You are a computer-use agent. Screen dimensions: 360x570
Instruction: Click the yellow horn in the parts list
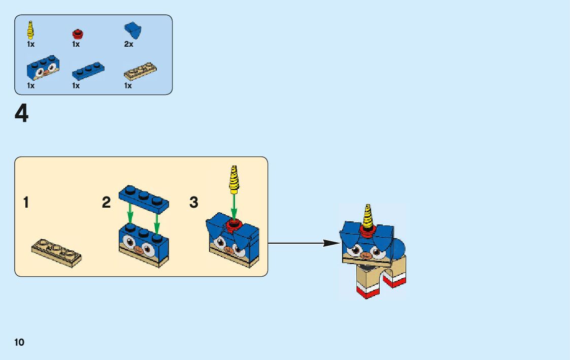click(x=31, y=30)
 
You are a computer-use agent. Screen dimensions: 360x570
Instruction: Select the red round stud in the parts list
click(x=77, y=34)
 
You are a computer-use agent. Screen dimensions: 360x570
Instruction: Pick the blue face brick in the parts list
click(x=42, y=69)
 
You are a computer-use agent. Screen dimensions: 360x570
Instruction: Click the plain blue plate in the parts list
click(x=89, y=71)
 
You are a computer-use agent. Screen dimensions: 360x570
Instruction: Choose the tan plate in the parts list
click(x=140, y=72)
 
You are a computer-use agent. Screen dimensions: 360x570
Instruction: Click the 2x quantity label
click(x=128, y=44)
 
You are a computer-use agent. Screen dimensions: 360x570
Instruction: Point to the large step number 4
click(x=22, y=114)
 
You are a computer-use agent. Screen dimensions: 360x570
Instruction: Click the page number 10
click(x=19, y=342)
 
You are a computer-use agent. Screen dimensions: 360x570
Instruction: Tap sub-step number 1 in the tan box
click(x=26, y=203)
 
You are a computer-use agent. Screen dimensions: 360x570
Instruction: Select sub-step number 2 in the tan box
click(x=106, y=203)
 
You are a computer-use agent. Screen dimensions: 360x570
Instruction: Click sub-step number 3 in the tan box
click(x=193, y=203)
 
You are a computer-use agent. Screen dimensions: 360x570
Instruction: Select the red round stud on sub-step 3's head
click(x=234, y=224)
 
